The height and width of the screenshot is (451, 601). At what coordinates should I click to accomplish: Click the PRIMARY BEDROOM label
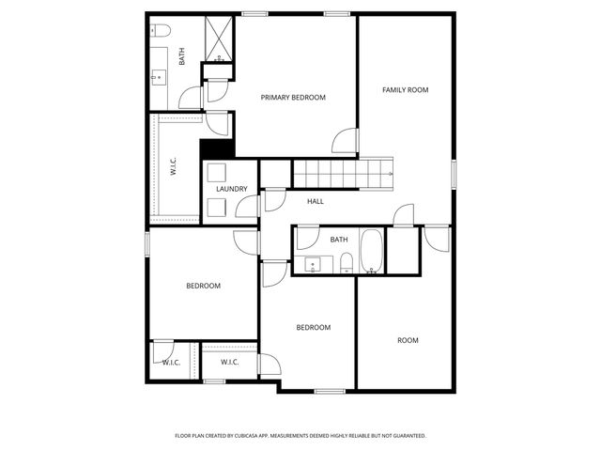pos(293,98)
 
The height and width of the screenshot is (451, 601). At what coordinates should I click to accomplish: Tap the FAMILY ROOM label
pos(405,90)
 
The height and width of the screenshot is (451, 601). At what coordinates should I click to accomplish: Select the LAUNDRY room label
pos(231,189)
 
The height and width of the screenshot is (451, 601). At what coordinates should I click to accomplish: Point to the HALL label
pos(316,201)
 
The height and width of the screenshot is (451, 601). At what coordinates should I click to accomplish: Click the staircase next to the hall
pos(343,174)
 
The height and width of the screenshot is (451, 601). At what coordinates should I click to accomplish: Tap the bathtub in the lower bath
pos(372,252)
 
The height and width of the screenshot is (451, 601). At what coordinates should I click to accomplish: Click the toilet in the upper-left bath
pos(160,31)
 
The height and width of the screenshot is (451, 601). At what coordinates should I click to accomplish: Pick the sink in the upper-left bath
pos(157,77)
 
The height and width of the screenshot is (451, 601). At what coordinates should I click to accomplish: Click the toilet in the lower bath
pos(346,263)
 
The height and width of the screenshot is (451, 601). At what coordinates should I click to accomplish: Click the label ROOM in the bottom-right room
pos(408,340)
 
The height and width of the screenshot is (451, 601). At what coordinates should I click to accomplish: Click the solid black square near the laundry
pos(215,148)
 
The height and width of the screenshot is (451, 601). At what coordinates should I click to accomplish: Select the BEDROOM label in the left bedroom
pos(203,286)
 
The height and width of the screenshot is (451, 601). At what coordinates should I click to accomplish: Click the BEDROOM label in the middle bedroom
pos(313,327)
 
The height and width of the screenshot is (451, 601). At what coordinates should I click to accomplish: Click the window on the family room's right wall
pos(453,174)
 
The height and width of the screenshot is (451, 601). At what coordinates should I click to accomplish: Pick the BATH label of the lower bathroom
pos(339,240)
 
